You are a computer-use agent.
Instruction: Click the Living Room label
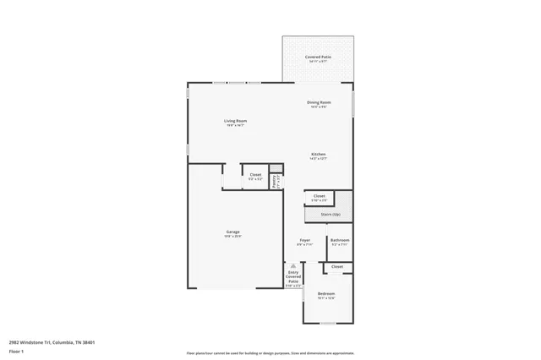point(235,121)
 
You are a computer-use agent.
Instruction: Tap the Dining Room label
point(319,102)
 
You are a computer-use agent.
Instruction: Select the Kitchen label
point(319,154)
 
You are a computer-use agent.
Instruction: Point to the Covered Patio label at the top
point(319,57)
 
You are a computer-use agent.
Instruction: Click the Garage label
point(232,232)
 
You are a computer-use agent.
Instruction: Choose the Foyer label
point(305,240)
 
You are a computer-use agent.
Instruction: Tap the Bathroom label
point(340,240)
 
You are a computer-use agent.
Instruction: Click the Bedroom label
point(326,293)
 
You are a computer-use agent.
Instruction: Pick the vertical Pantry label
point(275,181)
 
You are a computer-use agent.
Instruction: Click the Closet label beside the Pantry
point(255,174)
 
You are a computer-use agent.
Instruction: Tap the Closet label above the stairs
point(319,195)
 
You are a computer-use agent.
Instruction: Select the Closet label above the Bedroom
point(337,267)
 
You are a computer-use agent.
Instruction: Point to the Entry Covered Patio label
point(293,276)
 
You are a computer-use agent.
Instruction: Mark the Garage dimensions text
point(232,237)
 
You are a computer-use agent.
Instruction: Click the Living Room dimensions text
point(235,126)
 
